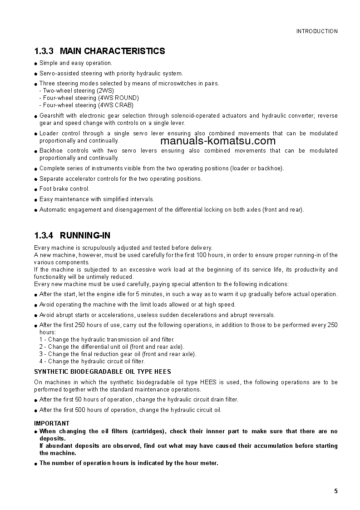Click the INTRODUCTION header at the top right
[x=317, y=31]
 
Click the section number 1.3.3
[x=44, y=51]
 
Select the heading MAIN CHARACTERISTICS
[x=112, y=51]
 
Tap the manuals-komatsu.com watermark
[x=218, y=141]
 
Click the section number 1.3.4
[x=44, y=235]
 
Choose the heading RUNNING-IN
[x=85, y=235]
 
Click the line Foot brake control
[x=64, y=189]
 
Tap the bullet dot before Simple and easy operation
[x=36, y=64]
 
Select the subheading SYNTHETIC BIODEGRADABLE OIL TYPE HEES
[x=103, y=371]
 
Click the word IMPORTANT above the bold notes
[x=52, y=423]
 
